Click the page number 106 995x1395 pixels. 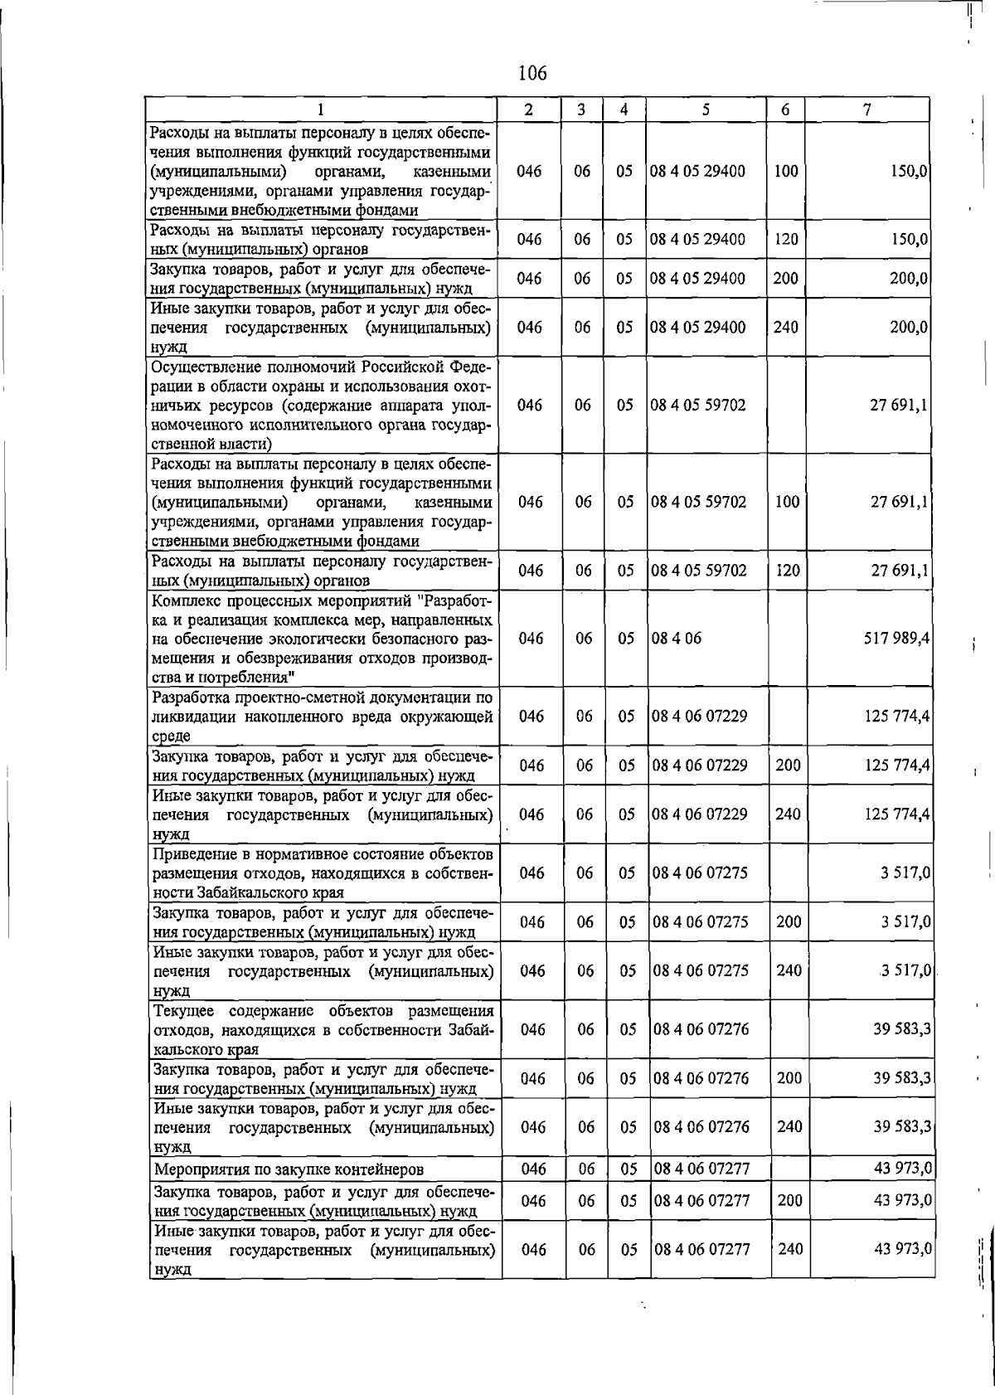(x=532, y=73)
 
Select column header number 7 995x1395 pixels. (x=866, y=109)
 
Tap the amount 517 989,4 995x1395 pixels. (x=895, y=639)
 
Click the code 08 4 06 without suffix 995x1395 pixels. (x=676, y=639)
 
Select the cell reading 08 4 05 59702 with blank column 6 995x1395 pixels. (x=698, y=405)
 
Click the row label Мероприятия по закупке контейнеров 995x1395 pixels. (x=289, y=1169)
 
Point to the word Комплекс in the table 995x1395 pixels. (x=188, y=599)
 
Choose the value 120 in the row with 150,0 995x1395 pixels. (x=785, y=240)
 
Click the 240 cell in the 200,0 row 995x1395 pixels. (x=785, y=327)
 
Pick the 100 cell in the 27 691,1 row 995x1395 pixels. (x=786, y=502)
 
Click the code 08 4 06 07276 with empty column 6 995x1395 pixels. (x=701, y=1029)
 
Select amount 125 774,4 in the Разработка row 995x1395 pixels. (x=895, y=716)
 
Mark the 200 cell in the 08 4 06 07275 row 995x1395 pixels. (x=789, y=921)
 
